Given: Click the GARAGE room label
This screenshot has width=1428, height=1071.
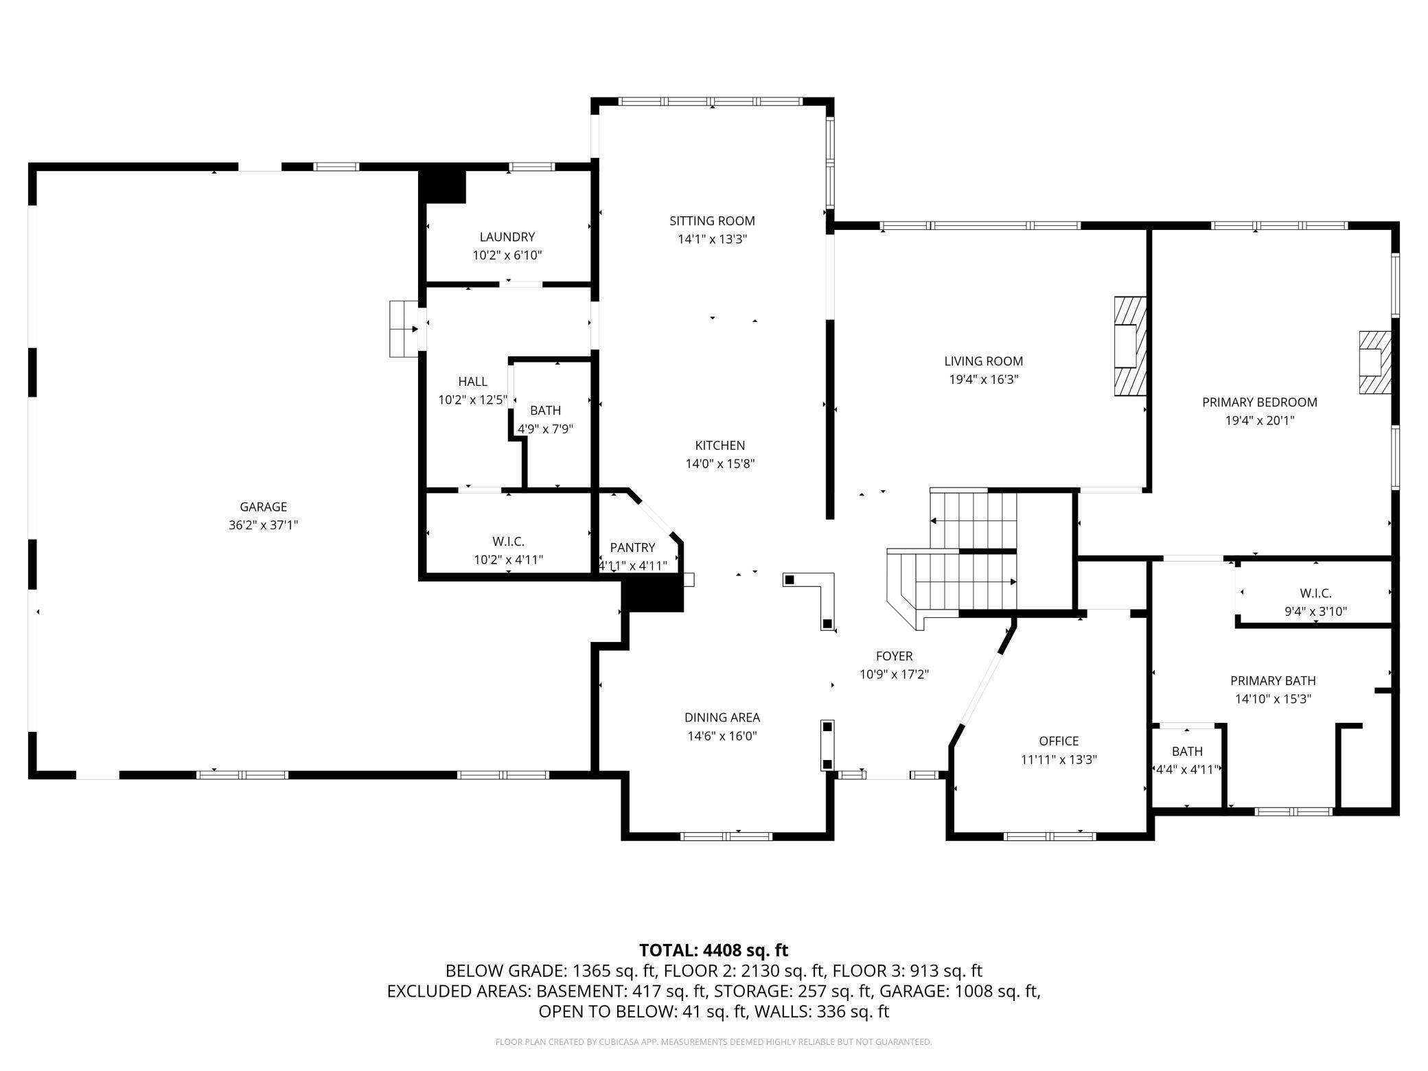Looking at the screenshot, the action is pos(263,507).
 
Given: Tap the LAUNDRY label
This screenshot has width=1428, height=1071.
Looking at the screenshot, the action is pos(507,237).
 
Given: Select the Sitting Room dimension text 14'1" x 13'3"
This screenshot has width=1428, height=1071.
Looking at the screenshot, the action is pos(712,239).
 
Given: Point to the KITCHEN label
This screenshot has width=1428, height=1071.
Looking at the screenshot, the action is pos(719,445).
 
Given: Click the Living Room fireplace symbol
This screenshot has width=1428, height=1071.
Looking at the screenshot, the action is pos(1130,346).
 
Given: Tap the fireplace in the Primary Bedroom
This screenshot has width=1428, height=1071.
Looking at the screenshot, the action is pos(1375,362).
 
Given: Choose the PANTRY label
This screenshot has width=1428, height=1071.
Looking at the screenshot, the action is pos(632,547).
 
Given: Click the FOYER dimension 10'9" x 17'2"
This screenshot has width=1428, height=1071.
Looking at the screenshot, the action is pos(894,674).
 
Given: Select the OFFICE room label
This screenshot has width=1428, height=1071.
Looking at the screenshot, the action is pos(1059,741).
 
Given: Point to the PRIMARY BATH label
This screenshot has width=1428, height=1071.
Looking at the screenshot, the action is pos(1273,680).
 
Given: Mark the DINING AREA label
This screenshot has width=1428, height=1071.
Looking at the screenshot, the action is pos(722,717).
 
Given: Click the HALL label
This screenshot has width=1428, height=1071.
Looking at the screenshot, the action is pos(472,381).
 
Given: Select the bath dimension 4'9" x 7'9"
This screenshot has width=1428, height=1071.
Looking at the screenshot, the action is pos(545,429).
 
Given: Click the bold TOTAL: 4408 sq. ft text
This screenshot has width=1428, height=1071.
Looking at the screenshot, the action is pos(713,950).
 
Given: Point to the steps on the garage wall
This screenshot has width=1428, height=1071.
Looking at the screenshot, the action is pos(404,329).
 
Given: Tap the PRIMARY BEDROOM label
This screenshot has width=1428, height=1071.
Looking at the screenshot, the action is pos(1260,402).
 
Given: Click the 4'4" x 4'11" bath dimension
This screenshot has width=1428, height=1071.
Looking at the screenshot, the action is pos(1187,770).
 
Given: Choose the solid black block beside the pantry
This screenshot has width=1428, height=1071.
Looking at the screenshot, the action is pos(652,594).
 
